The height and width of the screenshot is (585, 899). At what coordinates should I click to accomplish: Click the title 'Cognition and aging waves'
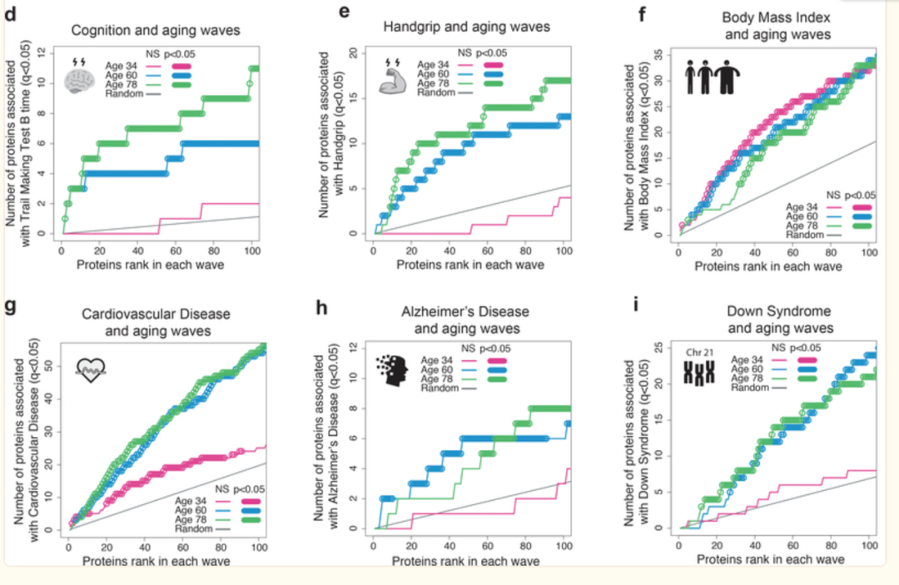(x=156, y=29)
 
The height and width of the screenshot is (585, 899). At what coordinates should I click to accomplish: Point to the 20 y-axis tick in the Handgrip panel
(x=353, y=53)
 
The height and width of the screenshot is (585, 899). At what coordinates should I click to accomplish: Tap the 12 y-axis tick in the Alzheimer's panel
(x=353, y=346)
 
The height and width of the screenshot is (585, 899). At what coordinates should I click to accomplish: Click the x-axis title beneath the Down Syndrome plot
(x=768, y=560)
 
